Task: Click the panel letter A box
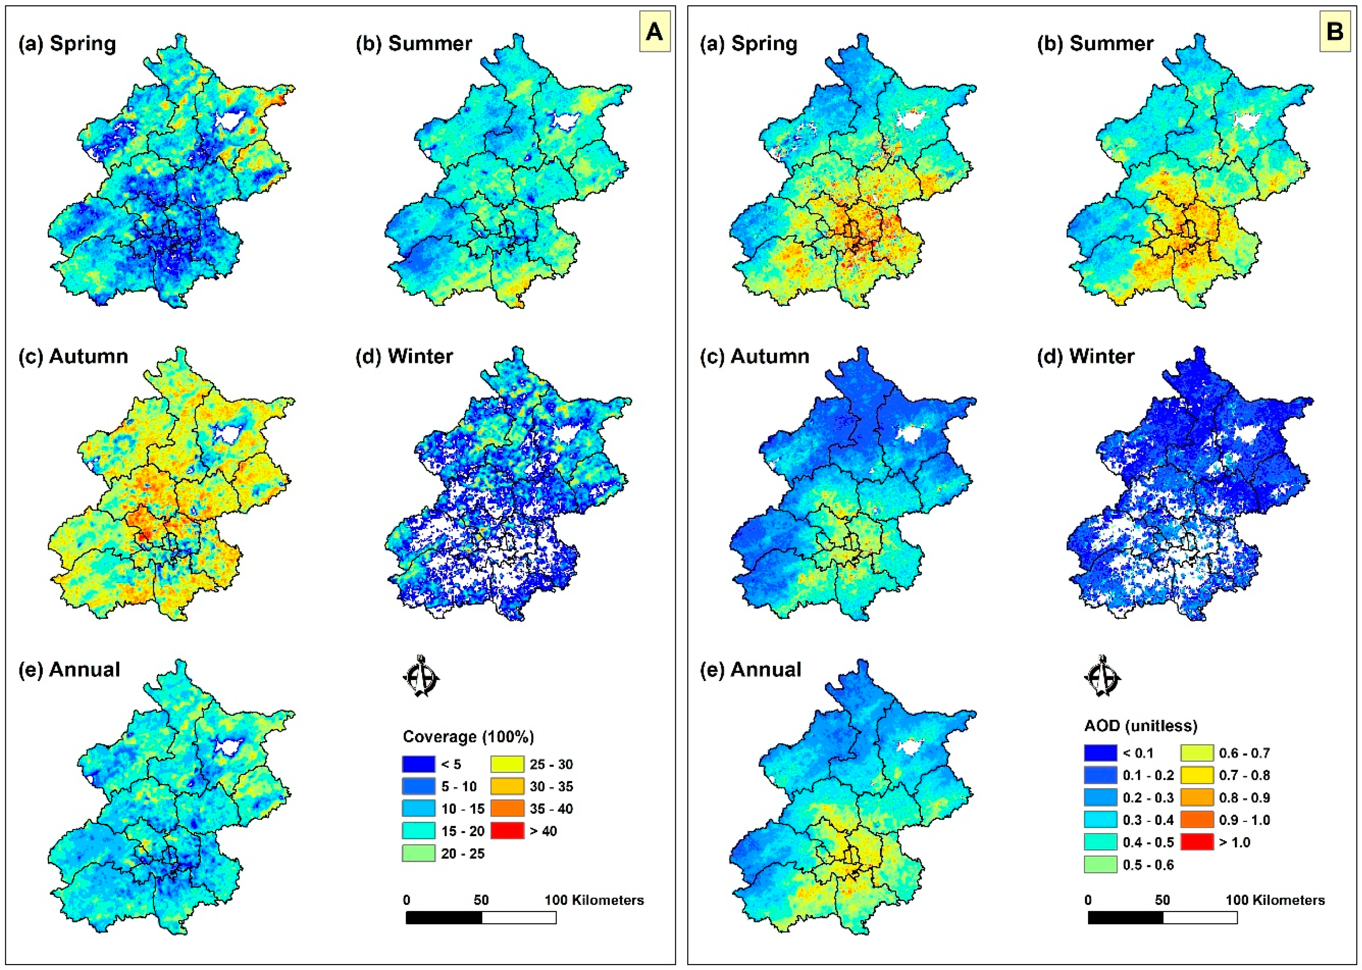655,31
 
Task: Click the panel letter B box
1335,31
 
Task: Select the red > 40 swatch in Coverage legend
507,831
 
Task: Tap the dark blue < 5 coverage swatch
418,764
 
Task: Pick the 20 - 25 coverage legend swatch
418,853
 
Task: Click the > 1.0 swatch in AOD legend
1196,842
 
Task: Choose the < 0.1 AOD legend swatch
1100,752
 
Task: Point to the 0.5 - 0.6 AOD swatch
1100,864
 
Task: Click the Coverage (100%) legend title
468,736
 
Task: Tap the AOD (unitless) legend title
1140,726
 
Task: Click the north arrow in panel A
421,676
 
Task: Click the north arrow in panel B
1102,676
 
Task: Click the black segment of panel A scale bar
443,917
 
